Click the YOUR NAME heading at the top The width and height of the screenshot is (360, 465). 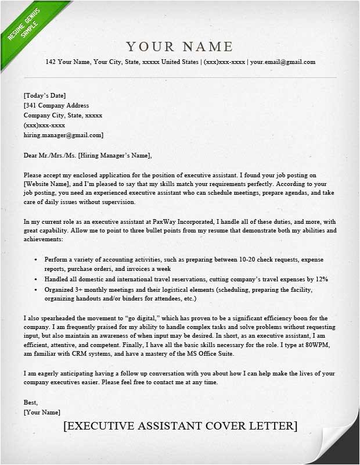[x=179, y=46]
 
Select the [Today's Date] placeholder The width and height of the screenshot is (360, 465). [x=45, y=95]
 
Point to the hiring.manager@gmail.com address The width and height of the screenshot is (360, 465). [x=63, y=135]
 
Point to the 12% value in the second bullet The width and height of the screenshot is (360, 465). [x=322, y=279]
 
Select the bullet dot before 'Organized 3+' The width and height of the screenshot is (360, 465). [x=36, y=289]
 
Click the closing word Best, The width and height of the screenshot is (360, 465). [x=30, y=402]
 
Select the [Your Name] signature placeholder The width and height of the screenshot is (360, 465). [x=42, y=412]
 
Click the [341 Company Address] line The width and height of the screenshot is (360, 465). [x=56, y=105]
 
